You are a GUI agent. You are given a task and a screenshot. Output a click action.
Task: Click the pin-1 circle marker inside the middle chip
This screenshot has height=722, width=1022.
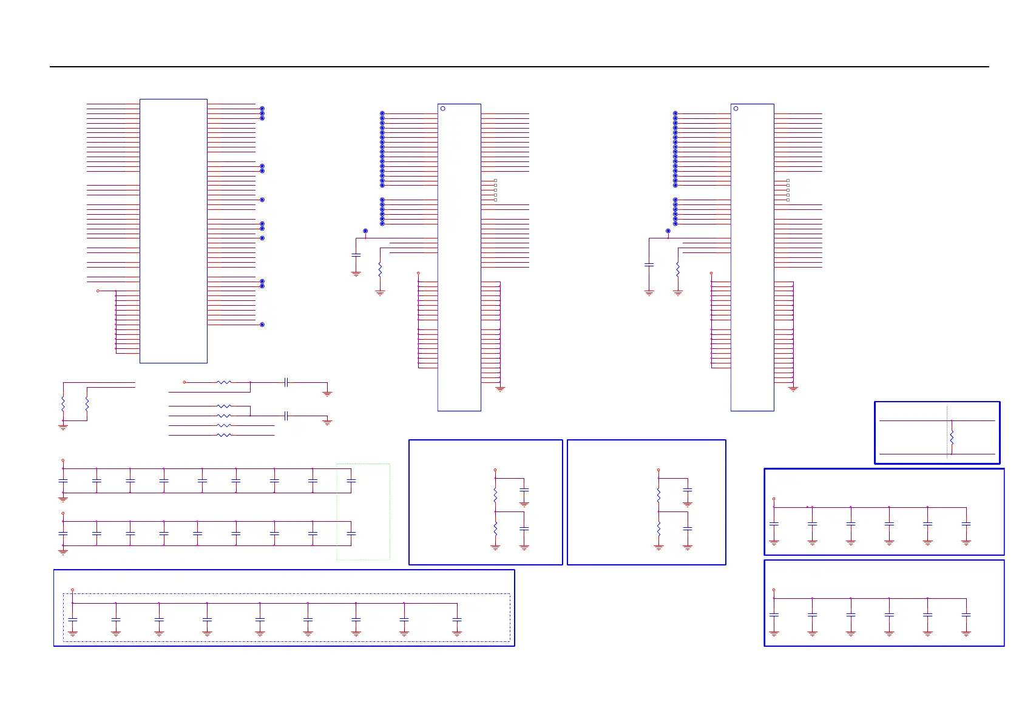[443, 109]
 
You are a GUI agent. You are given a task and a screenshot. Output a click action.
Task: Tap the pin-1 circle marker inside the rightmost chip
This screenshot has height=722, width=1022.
[736, 109]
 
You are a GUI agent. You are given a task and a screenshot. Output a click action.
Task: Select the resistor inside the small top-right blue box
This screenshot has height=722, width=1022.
[952, 437]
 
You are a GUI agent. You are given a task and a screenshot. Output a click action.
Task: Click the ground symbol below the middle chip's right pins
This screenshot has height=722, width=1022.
[500, 388]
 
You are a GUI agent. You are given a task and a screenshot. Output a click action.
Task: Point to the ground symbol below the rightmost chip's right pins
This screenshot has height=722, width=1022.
[793, 388]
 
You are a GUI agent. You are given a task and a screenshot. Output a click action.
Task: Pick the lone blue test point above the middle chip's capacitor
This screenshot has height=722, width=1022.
[365, 231]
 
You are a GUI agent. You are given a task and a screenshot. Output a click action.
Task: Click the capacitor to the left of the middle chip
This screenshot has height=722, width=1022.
[356, 255]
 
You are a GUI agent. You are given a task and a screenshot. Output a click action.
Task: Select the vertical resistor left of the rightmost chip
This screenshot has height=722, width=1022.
[678, 269]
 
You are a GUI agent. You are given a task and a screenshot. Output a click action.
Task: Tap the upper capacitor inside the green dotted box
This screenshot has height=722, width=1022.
[351, 481]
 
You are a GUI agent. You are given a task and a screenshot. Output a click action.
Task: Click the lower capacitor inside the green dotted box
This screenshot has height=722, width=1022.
[351, 533]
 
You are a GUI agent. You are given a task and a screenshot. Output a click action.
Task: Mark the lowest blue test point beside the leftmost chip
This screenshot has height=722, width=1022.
[262, 325]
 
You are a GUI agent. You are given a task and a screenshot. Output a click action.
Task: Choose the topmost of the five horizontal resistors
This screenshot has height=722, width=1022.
[224, 382]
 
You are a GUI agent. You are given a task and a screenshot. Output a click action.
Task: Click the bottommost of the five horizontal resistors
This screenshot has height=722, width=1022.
[224, 435]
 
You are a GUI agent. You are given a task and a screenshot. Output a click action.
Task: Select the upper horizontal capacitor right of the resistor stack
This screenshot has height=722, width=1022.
[286, 382]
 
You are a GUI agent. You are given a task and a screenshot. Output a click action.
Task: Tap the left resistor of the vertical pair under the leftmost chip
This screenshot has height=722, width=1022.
[63, 403]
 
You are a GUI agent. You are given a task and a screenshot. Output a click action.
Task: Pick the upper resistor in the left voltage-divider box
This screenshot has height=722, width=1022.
[495, 495]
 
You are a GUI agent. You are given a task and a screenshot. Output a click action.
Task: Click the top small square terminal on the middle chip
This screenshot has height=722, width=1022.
[495, 180]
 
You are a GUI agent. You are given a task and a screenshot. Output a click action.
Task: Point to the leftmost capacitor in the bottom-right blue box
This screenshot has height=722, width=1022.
[774, 615]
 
